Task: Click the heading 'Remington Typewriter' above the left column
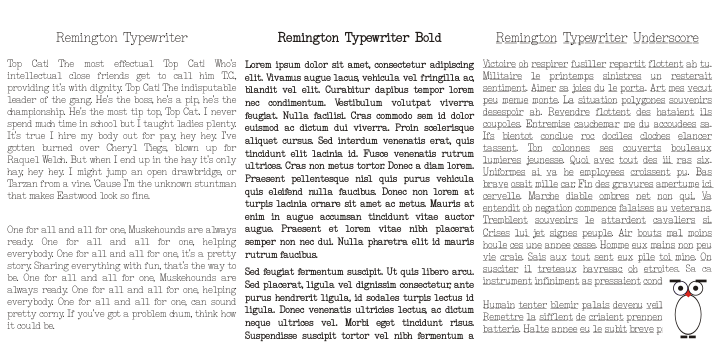coord(122,39)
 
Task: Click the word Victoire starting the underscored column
coord(512,63)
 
